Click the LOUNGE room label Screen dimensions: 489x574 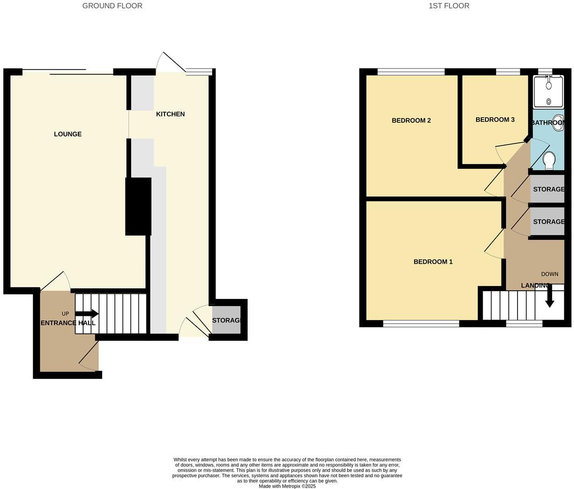tap(68, 134)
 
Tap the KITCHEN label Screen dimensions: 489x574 tap(170, 114)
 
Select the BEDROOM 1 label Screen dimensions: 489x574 tap(433, 262)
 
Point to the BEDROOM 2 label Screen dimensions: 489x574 tap(411, 120)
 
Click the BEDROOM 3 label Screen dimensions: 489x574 tap(495, 120)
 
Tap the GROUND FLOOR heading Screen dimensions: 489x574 tap(112, 6)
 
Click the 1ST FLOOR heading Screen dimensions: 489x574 tap(449, 6)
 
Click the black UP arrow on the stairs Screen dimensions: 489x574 tap(87, 314)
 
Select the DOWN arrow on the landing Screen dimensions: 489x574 tap(549, 296)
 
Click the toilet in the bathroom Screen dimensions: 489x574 tap(549, 161)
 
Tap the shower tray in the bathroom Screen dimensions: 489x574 tap(548, 91)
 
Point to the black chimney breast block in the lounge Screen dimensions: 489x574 tap(138, 206)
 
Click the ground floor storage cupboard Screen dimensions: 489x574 tap(227, 320)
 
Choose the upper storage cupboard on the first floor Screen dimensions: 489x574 tap(547, 189)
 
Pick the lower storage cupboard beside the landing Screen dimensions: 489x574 tap(547, 222)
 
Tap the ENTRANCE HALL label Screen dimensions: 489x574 tap(68, 323)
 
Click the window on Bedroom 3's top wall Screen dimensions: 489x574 tap(508, 71)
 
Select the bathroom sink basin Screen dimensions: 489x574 tap(558, 120)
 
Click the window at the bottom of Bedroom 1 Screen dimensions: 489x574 tap(421, 323)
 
